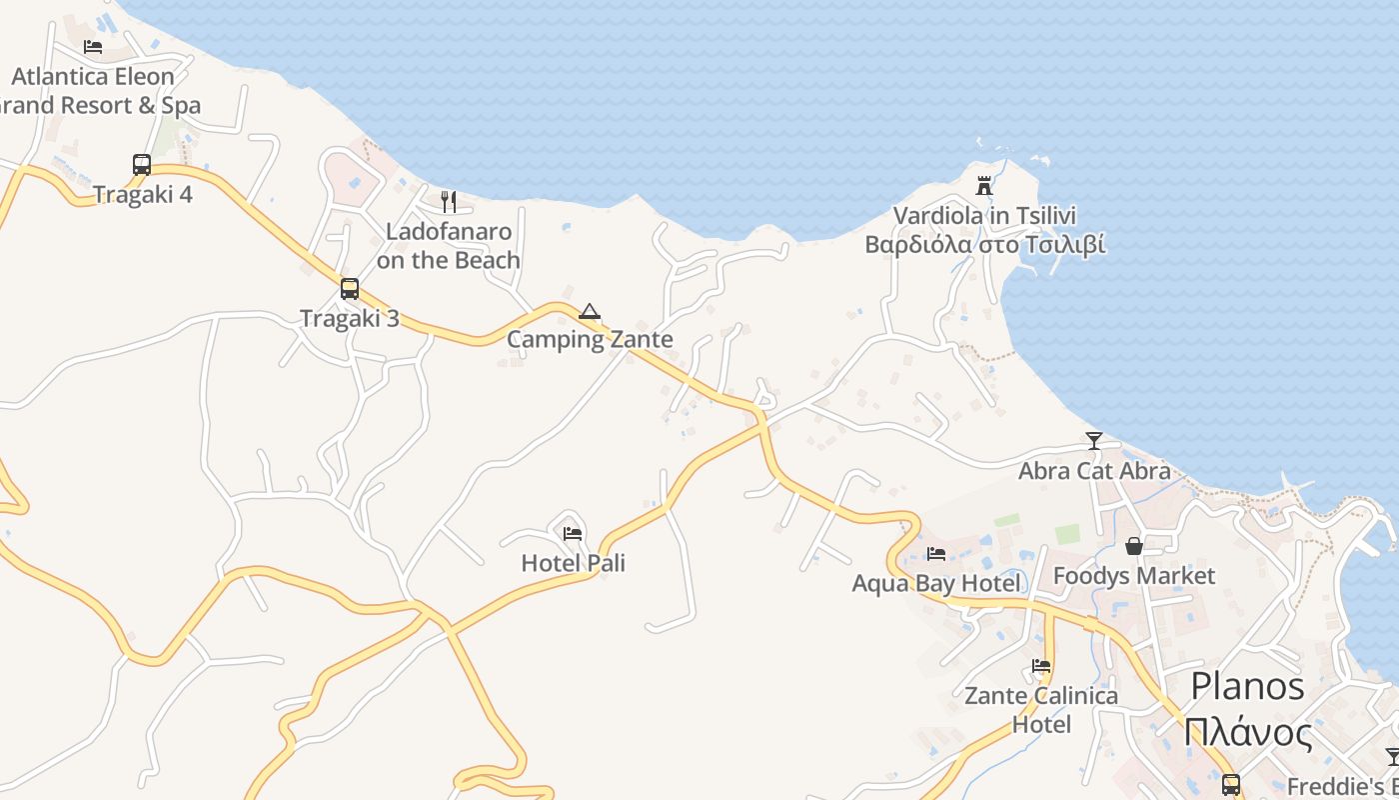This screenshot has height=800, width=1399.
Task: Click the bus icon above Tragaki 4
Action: coord(142,164)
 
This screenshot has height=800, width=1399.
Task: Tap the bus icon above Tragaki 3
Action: coord(349,289)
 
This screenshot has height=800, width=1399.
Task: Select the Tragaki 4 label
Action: coord(143,194)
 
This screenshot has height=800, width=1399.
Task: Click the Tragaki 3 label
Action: coord(350,318)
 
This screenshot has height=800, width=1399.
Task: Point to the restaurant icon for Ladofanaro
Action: coord(449,202)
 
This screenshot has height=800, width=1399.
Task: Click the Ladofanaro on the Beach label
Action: coord(449,246)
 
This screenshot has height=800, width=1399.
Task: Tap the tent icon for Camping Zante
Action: coord(590,312)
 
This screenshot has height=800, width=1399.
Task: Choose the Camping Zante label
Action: coord(590,339)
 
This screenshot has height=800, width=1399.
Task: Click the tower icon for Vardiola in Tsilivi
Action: coord(984,186)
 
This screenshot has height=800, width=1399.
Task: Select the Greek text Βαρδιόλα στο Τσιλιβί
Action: coord(984,245)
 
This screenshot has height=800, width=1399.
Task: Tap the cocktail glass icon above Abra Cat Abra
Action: coord(1094,441)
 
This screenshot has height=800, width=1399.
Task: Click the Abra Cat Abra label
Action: coord(1094,470)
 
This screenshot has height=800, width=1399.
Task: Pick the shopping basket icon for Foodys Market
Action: coord(1134,546)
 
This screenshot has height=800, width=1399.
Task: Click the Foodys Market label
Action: coord(1134,575)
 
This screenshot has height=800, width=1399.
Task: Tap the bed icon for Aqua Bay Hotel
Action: coord(936,553)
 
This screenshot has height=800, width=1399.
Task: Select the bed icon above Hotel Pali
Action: coord(573,533)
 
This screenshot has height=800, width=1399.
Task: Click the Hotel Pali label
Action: coord(574,563)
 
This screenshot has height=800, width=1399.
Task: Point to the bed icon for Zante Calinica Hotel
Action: coord(1041,666)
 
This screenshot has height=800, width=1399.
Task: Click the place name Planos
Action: coord(1247,687)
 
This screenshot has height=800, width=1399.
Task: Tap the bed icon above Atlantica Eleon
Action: coord(93,46)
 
